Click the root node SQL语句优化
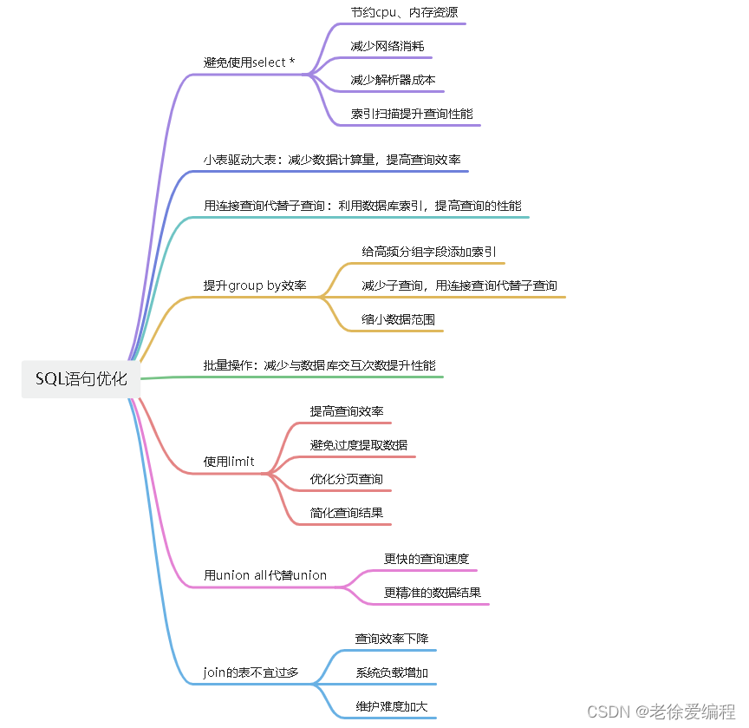pos(81,379)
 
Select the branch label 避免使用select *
pos(249,62)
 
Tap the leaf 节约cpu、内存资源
pos(404,12)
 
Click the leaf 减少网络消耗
pos(387,46)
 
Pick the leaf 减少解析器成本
pos(393,80)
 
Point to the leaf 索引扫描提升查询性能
pos(412,114)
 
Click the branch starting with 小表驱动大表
pos(332,160)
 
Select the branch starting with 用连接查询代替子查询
pos(362,206)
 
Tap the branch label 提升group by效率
pos(255,285)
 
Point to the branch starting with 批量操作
pos(319,365)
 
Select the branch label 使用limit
pos(229,462)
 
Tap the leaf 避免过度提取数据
pos(358,445)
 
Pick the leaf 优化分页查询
pos(346,479)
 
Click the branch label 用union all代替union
pos(265,575)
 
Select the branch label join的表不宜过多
pos(251,672)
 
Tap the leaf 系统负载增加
pos(392,672)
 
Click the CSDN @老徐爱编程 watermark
pos(661,712)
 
